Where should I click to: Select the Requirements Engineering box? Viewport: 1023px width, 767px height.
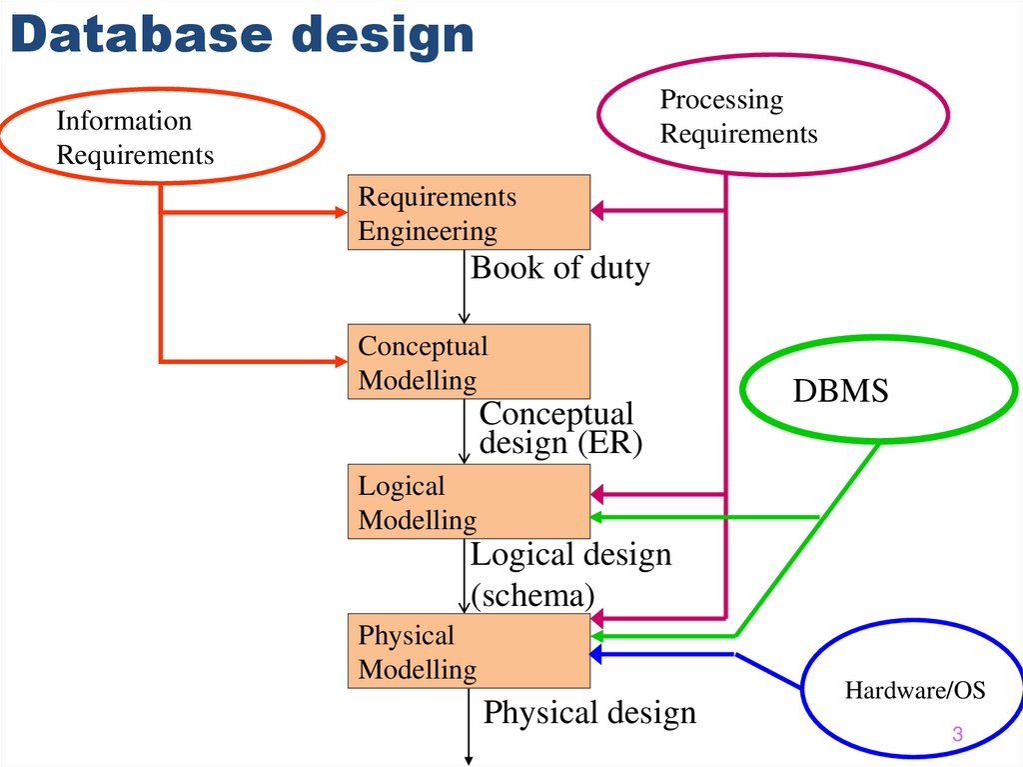click(x=469, y=212)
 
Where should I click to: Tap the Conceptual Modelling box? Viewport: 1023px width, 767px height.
click(x=469, y=362)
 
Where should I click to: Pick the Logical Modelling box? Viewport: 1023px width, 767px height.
click(x=469, y=502)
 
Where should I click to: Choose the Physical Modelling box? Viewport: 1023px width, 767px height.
click(x=469, y=651)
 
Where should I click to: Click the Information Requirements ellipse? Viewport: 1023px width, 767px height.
click(x=162, y=137)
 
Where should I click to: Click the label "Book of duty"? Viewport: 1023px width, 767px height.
click(x=560, y=268)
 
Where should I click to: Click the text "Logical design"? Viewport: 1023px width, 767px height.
click(x=571, y=554)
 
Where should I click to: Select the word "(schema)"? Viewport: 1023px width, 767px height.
click(x=532, y=596)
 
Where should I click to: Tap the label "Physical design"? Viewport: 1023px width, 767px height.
click(x=589, y=713)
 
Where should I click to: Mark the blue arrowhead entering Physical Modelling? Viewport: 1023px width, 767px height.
click(x=597, y=655)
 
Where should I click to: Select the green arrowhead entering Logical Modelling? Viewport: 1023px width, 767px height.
click(x=597, y=517)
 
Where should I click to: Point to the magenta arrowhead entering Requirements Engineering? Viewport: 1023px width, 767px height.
click(x=597, y=210)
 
